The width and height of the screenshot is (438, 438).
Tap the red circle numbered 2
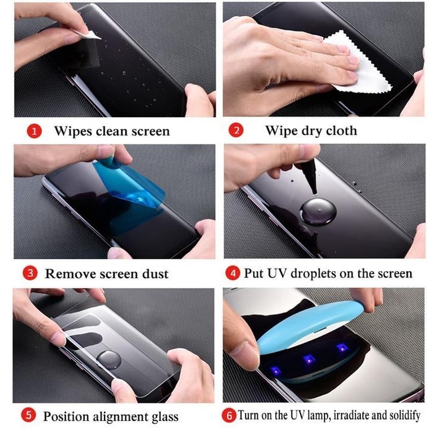point(236,131)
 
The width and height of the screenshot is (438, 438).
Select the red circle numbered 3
point(30,274)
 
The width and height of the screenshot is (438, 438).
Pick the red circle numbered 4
point(233,273)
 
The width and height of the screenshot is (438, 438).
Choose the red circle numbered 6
point(229,415)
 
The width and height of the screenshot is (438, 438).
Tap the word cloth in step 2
point(340,131)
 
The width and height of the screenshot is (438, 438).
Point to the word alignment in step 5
point(118,416)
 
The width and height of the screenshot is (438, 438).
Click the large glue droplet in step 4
point(319,211)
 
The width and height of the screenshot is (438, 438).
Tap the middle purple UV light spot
point(308,358)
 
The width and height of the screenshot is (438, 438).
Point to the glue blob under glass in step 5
point(109,358)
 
